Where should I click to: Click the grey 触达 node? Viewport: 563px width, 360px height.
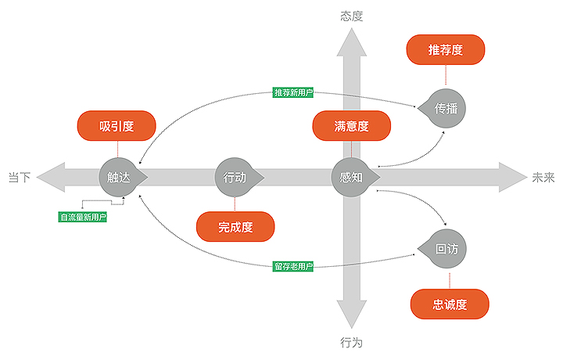pyautogui.click(x=118, y=177)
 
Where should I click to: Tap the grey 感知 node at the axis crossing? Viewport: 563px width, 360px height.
pyautogui.click(x=351, y=177)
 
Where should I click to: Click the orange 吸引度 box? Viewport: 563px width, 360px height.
pyautogui.click(x=117, y=126)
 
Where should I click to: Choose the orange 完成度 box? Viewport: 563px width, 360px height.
pyautogui.click(x=235, y=228)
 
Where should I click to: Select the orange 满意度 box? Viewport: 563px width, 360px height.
pyautogui.click(x=351, y=126)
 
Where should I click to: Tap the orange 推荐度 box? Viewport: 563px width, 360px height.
pyautogui.click(x=446, y=50)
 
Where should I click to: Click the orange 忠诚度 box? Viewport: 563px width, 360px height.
pyautogui.click(x=450, y=304)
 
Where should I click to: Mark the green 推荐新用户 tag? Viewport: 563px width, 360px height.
pyautogui.click(x=293, y=92)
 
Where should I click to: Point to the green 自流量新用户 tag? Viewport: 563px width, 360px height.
pyautogui.click(x=83, y=217)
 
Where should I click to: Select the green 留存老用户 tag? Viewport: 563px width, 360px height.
pyautogui.click(x=293, y=267)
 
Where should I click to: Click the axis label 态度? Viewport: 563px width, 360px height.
pyautogui.click(x=352, y=16)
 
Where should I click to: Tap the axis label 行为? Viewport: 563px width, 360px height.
pyautogui.click(x=352, y=342)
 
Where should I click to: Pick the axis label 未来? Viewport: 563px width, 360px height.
pyautogui.click(x=543, y=178)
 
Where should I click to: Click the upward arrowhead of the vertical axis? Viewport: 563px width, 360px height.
pyautogui.click(x=352, y=45)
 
